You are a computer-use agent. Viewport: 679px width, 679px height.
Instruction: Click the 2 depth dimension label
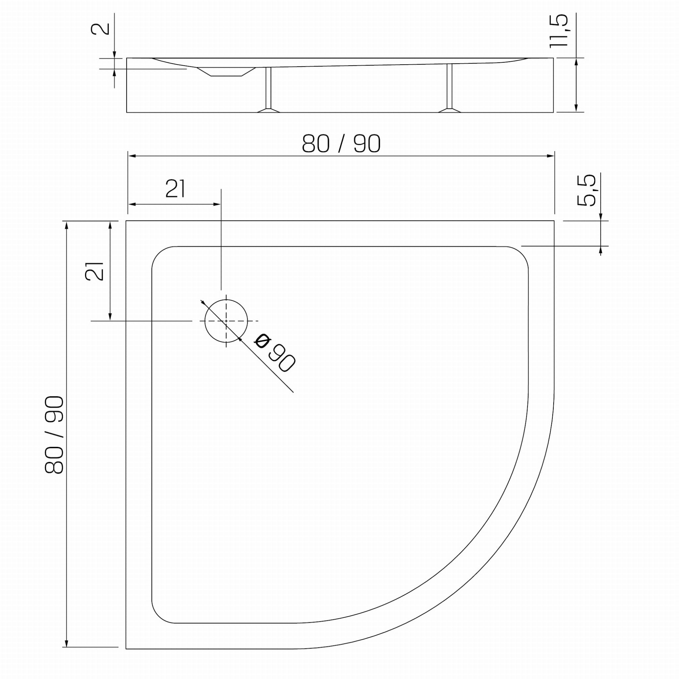click(100, 29)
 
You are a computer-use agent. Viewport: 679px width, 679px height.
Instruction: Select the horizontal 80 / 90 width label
click(341, 143)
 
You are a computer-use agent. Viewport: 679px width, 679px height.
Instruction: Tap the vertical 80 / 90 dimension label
click(54, 435)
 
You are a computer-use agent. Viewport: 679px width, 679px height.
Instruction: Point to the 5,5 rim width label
click(586, 190)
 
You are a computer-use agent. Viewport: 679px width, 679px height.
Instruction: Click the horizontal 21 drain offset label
click(175, 188)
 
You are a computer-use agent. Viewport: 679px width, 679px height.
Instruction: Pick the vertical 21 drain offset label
click(94, 271)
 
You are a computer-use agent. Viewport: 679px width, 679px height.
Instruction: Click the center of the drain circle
click(226, 321)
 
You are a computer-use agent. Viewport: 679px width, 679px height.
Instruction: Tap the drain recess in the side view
click(226, 71)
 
